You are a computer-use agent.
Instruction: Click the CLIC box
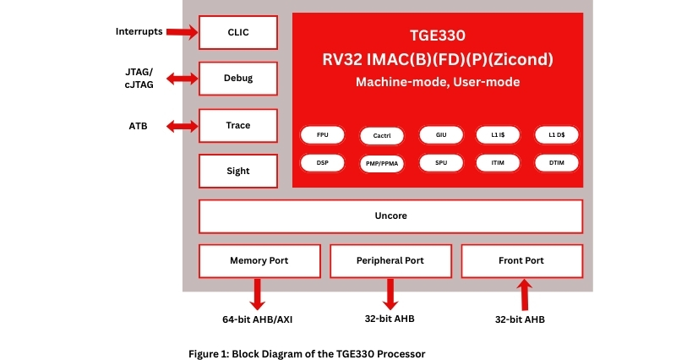point(238,33)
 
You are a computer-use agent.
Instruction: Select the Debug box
point(238,79)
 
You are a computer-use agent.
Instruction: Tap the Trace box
point(238,125)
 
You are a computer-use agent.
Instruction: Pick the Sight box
point(238,171)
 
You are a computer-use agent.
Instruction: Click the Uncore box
point(390,216)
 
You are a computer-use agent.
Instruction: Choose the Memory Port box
point(259,260)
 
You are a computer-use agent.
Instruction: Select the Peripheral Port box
point(390,260)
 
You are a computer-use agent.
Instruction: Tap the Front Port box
point(521,260)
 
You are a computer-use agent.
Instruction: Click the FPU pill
point(323,135)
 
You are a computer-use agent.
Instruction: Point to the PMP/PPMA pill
point(382,161)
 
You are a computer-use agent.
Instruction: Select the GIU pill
point(441,135)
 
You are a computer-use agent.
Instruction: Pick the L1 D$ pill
point(557,135)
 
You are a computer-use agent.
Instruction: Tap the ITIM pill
point(499,161)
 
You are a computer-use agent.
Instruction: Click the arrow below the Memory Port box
point(258,293)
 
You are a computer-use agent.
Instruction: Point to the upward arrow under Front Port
point(524,296)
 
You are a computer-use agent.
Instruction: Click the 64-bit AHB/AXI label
point(258,319)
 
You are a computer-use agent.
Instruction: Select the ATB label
point(138,126)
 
